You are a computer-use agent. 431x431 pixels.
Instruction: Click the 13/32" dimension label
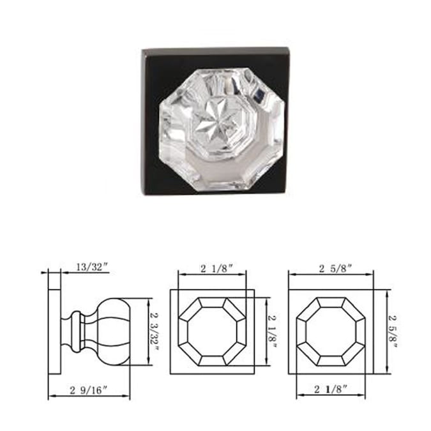tap(92, 267)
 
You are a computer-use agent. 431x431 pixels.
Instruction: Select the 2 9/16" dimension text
tap(89, 390)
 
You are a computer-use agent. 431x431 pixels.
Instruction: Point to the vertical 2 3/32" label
tap(155, 331)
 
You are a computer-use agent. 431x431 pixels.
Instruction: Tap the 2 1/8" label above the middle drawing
tap(217, 269)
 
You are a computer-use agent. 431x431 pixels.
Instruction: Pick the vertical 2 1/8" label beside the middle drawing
tap(272, 331)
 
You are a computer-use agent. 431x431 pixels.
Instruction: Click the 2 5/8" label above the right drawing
tap(335, 269)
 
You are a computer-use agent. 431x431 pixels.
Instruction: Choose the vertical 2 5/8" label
tap(393, 331)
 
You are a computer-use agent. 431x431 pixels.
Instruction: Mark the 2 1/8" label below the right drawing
tap(331, 389)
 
